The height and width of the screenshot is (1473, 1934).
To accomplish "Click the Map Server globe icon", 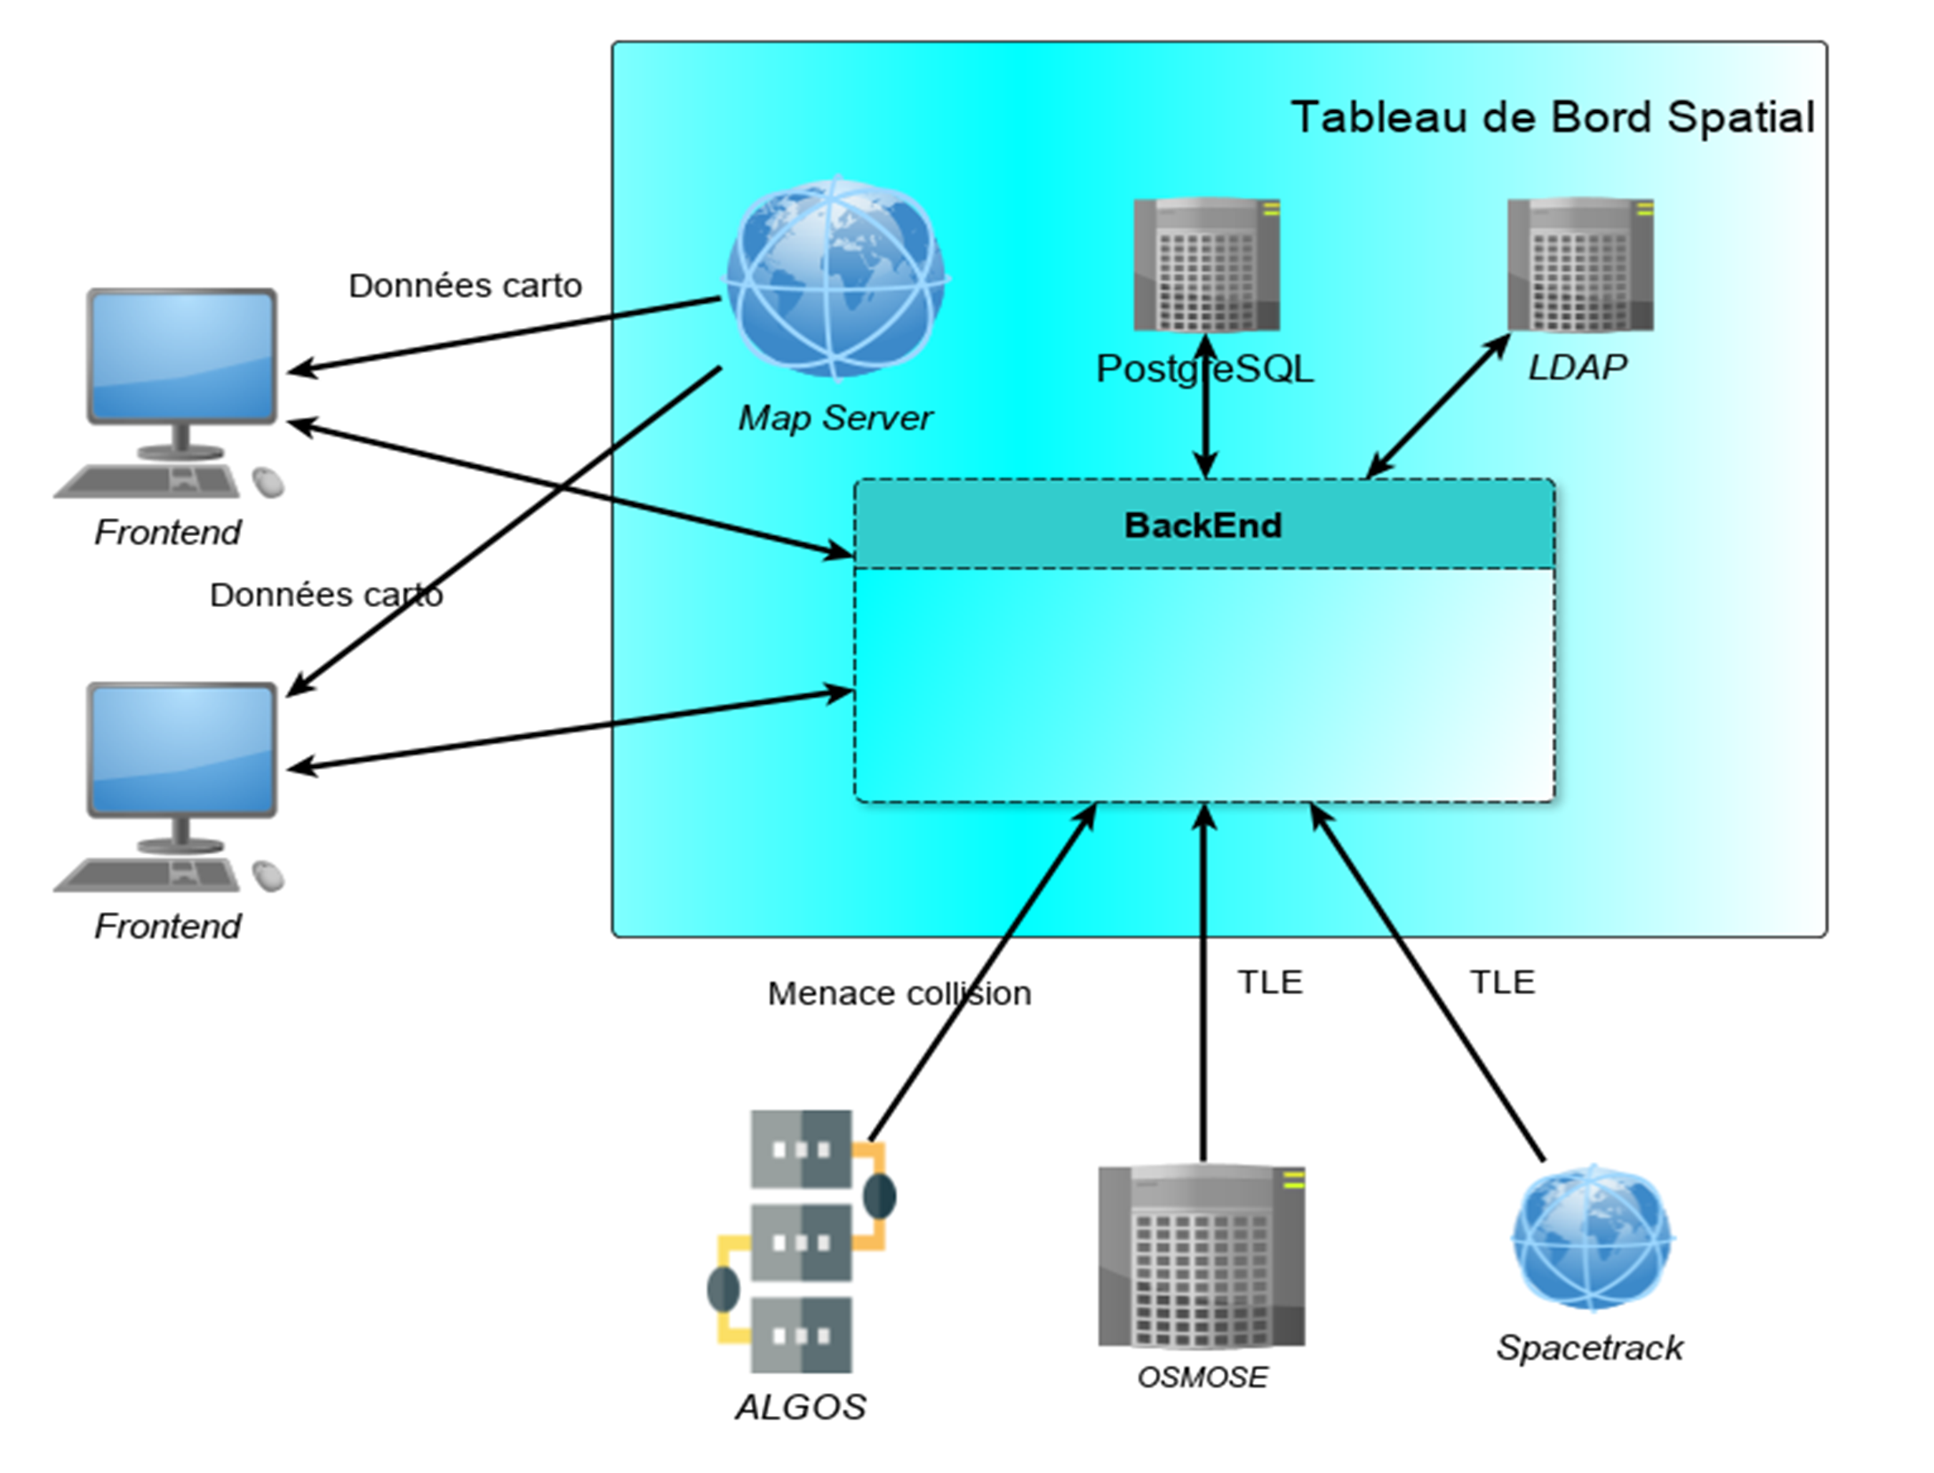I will pos(835,277).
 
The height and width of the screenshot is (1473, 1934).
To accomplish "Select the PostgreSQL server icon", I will pos(1206,264).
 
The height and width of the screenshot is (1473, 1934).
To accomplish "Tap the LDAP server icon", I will pos(1579,264).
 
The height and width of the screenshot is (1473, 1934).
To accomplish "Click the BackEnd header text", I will pos(1203,525).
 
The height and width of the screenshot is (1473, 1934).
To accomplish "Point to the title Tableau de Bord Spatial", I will pos(1552,117).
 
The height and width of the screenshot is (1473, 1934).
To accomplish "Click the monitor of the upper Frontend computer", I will pos(181,356).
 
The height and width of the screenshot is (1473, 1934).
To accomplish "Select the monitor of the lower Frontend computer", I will pos(181,749).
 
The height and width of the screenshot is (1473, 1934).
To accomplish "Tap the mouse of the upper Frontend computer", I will pos(268,482).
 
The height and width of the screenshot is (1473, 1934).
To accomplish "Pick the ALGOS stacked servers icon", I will pos(801,1241).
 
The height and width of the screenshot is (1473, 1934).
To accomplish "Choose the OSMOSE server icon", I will pos(1202,1255).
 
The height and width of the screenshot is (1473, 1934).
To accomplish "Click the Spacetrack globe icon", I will pos(1591,1237).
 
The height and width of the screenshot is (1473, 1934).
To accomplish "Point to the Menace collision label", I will pos(899,993).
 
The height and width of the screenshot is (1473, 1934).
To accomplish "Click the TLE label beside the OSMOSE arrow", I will pos(1269,982).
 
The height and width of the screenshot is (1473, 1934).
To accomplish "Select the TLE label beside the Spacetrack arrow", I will pos(1502,982).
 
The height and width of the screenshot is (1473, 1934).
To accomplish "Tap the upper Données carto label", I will pos(465,285).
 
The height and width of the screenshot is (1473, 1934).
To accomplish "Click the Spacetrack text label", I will pos(1589,1348).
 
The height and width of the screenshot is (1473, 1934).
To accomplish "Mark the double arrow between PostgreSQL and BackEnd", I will pos(1205,418).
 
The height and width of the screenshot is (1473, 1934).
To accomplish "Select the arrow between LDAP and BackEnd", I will pos(1437,406).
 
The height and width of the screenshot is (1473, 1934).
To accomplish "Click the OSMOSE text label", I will pos(1202,1377).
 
